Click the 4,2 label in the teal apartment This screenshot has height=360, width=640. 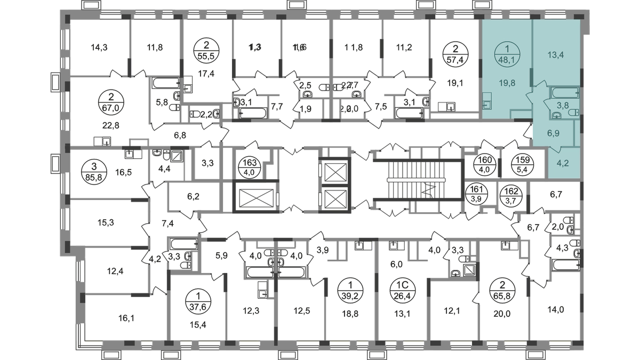click(x=563, y=164)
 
